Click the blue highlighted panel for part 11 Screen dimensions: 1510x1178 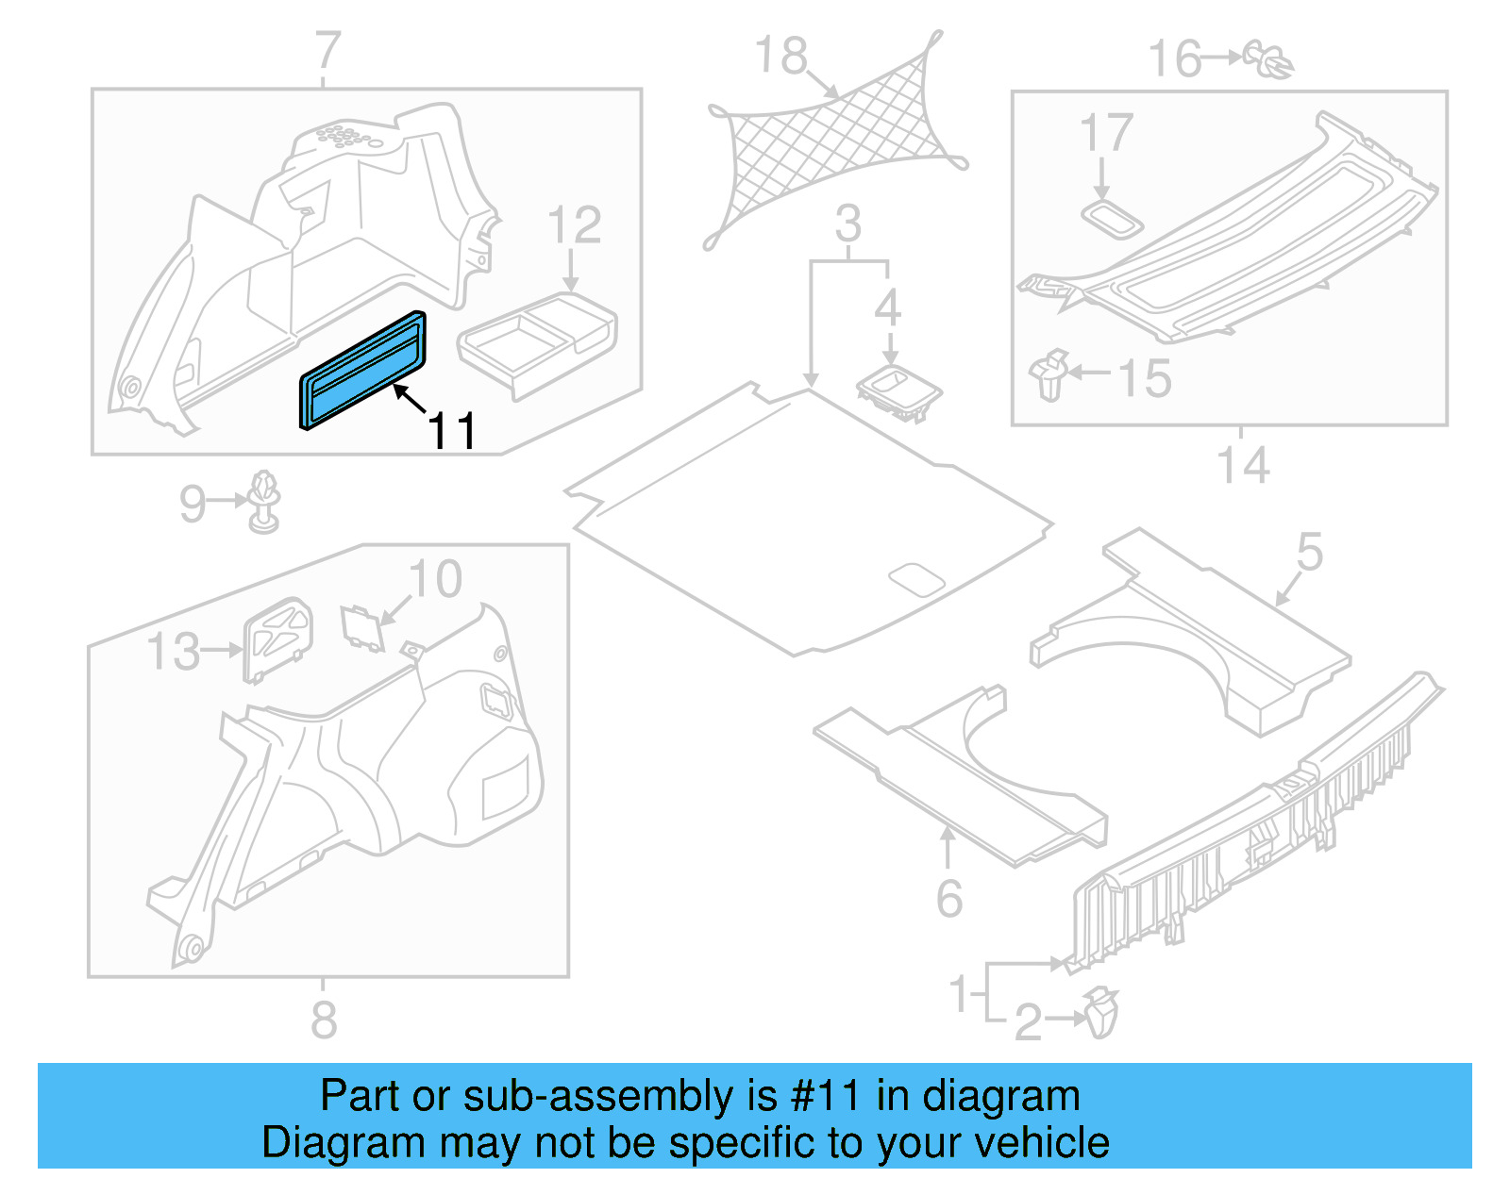click(362, 372)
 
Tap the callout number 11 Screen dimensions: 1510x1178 click(452, 432)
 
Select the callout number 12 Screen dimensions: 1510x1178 click(574, 226)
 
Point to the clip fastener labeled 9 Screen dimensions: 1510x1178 click(265, 502)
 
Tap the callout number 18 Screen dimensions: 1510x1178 click(781, 57)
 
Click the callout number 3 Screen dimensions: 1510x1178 click(848, 225)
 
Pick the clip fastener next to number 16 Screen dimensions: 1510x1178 click(1269, 58)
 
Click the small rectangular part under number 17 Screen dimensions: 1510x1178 click(1112, 219)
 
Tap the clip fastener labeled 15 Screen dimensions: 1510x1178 click(1049, 374)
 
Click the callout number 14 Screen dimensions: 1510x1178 click(1243, 466)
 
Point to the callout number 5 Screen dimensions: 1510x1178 click(1310, 552)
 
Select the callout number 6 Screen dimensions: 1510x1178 click(949, 899)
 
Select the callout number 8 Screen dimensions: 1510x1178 click(324, 1020)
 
